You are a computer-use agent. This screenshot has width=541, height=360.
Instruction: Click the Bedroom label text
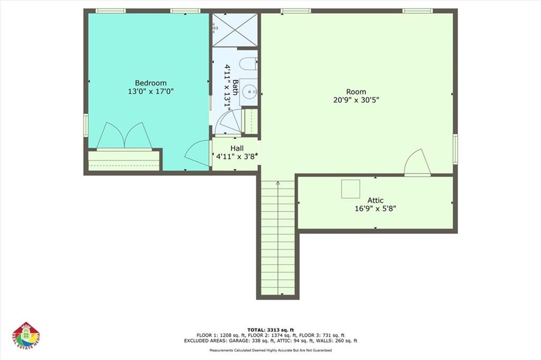[x=151, y=83]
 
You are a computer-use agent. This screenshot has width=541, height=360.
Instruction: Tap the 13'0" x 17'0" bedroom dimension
[x=151, y=91]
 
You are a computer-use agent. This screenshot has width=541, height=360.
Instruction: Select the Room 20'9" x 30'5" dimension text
[x=356, y=99]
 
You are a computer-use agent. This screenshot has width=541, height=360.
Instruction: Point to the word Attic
[x=376, y=200]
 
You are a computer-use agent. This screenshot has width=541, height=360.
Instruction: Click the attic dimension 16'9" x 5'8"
[x=376, y=209]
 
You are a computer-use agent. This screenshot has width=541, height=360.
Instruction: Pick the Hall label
[x=237, y=148]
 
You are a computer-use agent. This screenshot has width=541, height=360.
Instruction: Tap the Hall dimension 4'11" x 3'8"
[x=236, y=156]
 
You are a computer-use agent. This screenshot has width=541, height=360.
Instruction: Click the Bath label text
[x=235, y=86]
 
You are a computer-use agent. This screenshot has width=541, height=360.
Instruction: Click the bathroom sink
[x=249, y=93]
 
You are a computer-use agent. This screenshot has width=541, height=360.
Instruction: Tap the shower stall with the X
[x=235, y=30]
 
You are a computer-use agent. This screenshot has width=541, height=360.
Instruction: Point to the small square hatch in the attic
[x=350, y=189]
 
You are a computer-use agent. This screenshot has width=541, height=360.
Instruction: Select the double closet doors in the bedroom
[x=125, y=136]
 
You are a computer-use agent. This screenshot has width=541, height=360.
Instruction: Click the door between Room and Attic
[x=417, y=164]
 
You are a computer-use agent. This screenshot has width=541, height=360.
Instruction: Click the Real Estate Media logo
[x=26, y=336]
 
